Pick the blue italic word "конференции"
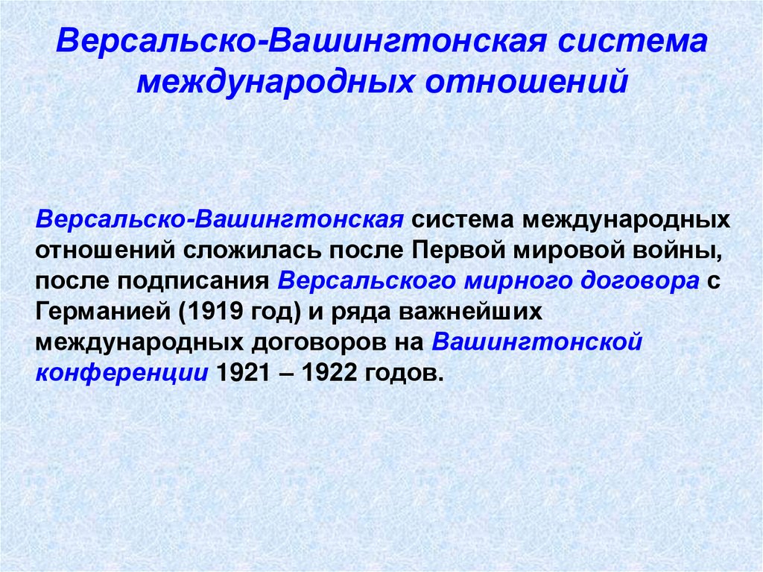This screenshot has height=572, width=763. [x=121, y=373]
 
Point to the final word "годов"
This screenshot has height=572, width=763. [x=404, y=373]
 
